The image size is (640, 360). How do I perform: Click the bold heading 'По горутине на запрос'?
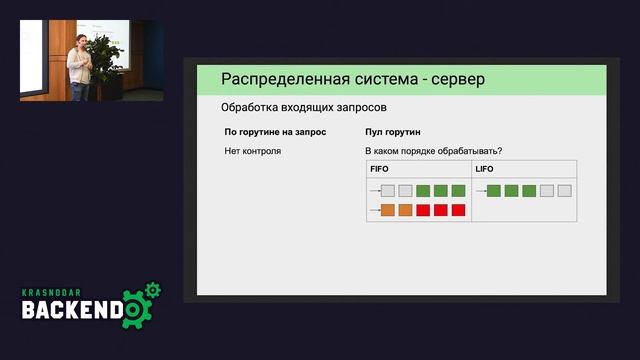269,132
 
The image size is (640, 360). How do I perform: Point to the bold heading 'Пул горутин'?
394,132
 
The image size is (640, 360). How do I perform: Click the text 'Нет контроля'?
253,151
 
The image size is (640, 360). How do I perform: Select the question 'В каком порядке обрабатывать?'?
434,151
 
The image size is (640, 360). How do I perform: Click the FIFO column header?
380,169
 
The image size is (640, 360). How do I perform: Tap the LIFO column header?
484,169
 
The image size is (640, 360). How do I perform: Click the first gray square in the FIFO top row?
388,191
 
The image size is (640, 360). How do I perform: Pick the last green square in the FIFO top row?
458,191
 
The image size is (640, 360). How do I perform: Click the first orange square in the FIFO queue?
388,210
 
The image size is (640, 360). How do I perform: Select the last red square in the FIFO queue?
458,210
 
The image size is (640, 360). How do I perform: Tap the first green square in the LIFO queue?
494,191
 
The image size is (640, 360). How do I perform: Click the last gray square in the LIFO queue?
564,191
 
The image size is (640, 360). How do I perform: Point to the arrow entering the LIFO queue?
480,191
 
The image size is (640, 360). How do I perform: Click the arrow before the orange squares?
374,210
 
